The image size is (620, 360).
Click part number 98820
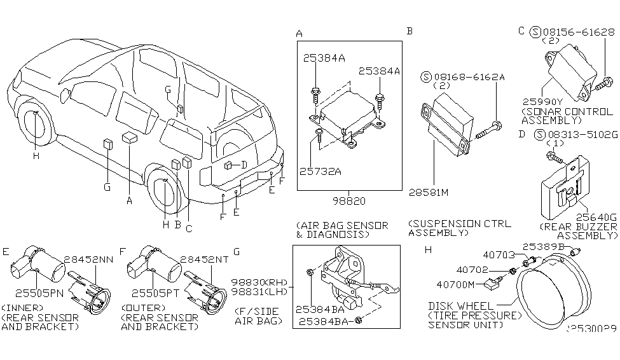tap(348, 200)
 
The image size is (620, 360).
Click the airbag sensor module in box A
tap(347, 121)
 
